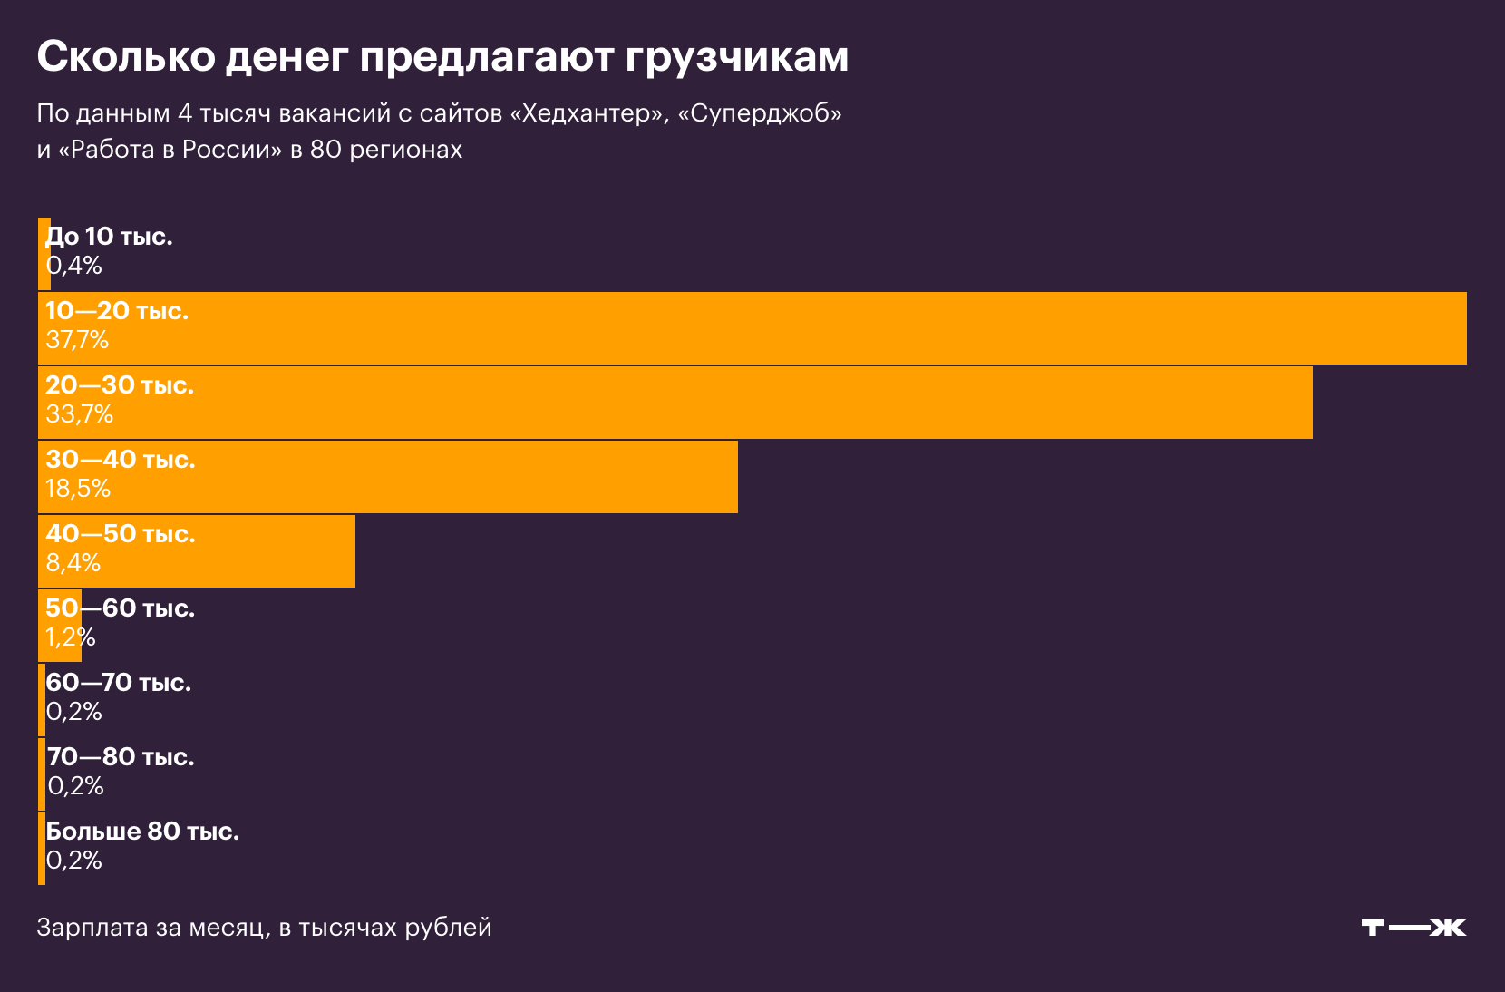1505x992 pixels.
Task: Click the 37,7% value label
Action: pyautogui.click(x=77, y=340)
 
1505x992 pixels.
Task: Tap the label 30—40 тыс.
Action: pyautogui.click(x=121, y=460)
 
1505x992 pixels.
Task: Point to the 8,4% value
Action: pyautogui.click(x=73, y=563)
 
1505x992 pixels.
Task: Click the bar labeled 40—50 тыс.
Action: pyautogui.click(x=272, y=551)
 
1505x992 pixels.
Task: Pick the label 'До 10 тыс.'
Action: pyautogui.click(x=109, y=237)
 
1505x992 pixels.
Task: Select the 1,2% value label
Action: pyautogui.click(x=71, y=637)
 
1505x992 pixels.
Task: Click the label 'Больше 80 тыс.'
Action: pyautogui.click(x=142, y=832)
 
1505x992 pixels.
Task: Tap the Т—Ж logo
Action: pyautogui.click(x=1413, y=928)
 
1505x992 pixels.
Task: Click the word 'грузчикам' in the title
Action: pyautogui.click(x=736, y=56)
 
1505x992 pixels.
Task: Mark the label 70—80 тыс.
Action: pyautogui.click(x=121, y=757)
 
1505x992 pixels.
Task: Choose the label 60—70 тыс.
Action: pyautogui.click(x=119, y=683)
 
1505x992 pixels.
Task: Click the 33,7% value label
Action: pyautogui.click(x=80, y=414)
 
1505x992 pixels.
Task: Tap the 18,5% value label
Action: pyautogui.click(x=78, y=489)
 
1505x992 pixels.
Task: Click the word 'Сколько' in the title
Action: pyautogui.click(x=126, y=56)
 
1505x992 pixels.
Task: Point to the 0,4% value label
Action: pyautogui.click(x=74, y=266)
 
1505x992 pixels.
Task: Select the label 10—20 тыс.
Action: pyautogui.click(x=117, y=311)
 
